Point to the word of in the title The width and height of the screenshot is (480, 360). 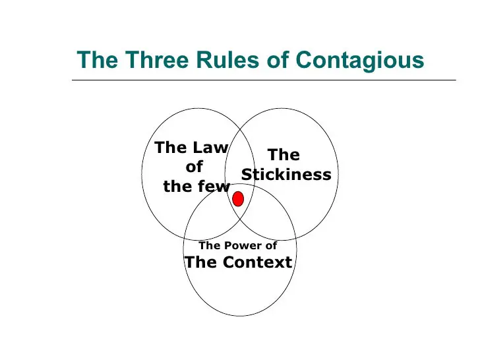click(x=278, y=59)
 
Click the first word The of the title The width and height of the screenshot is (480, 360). click(x=98, y=59)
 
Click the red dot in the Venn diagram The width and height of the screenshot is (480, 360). click(x=238, y=199)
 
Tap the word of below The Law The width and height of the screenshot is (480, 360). click(x=195, y=167)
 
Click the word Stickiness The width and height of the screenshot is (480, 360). click(x=286, y=174)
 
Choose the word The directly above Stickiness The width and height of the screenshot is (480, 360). click(x=284, y=154)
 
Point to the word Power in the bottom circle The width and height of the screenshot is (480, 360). click(x=243, y=245)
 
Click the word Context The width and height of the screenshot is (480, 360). click(x=257, y=262)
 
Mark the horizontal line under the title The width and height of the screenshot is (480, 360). click(x=264, y=80)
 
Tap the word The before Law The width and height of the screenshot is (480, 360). click(x=171, y=147)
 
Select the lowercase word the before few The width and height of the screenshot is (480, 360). click(x=178, y=186)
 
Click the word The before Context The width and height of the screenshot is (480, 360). click(x=201, y=262)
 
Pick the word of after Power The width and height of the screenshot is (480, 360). click(x=271, y=245)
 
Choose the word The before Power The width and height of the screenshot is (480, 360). click(x=210, y=245)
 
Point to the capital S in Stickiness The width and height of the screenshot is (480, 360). click(x=246, y=174)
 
